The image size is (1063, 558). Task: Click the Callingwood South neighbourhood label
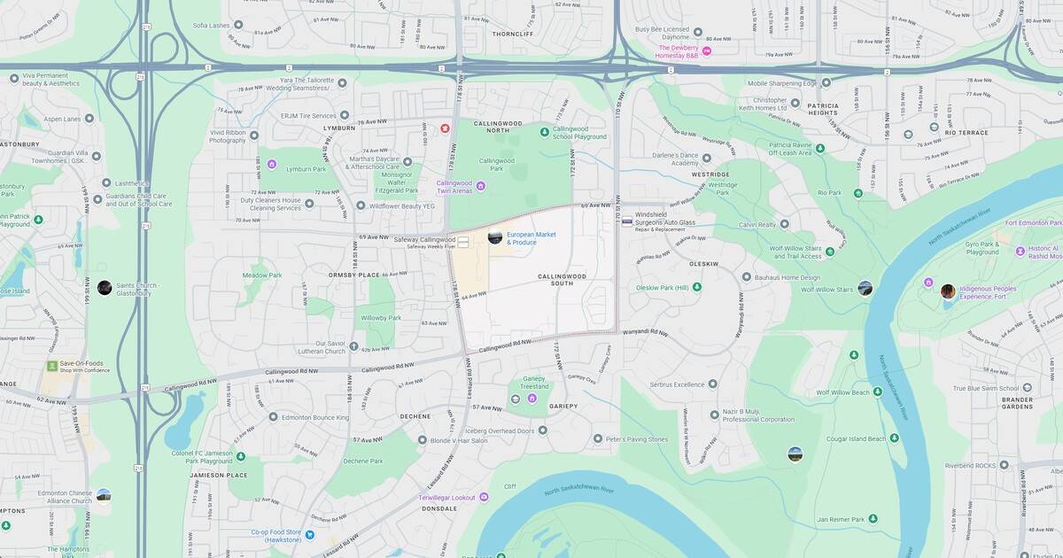[562, 280]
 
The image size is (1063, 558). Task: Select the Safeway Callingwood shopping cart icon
[462, 240]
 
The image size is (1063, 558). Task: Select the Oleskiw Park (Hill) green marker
[697, 287]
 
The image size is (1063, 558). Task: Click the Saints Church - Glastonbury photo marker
[105, 287]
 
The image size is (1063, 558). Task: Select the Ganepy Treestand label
[534, 383]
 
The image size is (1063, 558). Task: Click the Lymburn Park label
[306, 167]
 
